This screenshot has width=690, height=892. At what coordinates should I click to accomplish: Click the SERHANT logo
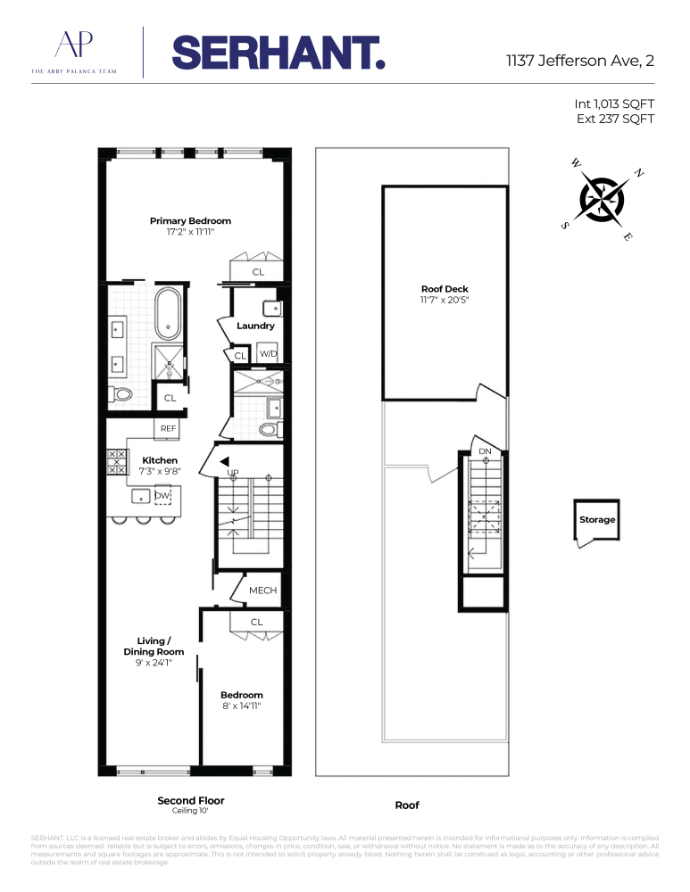point(278,53)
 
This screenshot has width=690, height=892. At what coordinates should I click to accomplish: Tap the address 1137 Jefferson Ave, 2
point(580,61)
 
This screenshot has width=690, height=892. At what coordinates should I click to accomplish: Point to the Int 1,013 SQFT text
point(614,103)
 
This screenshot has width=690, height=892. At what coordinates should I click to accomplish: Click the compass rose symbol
point(602,200)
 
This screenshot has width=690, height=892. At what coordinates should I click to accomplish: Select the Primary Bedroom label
point(190,220)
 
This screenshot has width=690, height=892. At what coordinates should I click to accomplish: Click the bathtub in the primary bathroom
point(168,313)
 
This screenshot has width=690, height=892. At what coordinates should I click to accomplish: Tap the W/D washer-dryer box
point(268,353)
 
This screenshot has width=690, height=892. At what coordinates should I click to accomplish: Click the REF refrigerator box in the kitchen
point(168,428)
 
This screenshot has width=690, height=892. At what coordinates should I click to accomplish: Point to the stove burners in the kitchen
point(117,462)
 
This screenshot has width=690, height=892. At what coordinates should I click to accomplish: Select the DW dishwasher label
point(162,495)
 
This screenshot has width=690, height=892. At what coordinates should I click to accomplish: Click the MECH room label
point(263,591)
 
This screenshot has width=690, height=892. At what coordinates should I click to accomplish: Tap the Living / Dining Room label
point(154,646)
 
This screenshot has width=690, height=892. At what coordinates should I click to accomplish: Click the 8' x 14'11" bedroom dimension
point(241,706)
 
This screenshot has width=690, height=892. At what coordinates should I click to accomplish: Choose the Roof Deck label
point(445,289)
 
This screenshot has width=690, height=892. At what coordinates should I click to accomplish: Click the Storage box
point(596,520)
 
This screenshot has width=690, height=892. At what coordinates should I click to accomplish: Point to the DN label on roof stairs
point(485,451)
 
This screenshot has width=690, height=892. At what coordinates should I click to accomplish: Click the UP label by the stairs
point(233,473)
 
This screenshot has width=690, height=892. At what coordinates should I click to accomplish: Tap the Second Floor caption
point(191,800)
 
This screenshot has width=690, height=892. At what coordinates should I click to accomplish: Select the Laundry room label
point(255,326)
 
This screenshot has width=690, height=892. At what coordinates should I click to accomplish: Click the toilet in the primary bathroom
point(121,393)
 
